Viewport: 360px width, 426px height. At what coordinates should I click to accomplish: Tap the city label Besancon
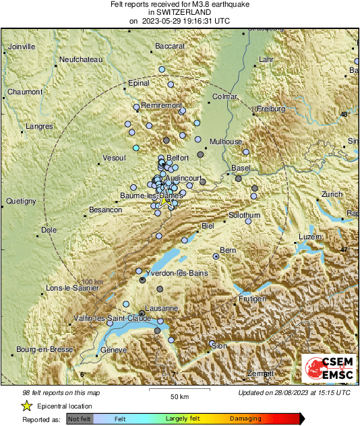[x=105, y=210]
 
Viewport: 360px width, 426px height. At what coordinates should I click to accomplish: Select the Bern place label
[x=228, y=250]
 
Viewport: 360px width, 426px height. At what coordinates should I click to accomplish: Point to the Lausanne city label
[x=162, y=308]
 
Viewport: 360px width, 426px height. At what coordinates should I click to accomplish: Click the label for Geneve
[x=113, y=351]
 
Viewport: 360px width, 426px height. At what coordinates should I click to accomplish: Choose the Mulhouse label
[x=225, y=142]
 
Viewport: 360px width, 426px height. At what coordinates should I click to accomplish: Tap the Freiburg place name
[x=272, y=109]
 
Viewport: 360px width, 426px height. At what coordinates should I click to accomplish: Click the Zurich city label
[x=332, y=194]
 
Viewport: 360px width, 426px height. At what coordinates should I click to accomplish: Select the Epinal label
[x=138, y=84]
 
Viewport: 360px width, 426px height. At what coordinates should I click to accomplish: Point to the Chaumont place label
[x=24, y=92]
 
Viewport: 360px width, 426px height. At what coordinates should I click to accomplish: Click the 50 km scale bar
[x=178, y=390]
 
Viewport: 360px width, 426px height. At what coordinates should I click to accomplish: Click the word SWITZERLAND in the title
[x=179, y=12]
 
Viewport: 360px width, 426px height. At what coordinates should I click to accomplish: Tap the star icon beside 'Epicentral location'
[x=26, y=406]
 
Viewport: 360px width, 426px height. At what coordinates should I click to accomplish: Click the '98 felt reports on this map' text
[x=60, y=392]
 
